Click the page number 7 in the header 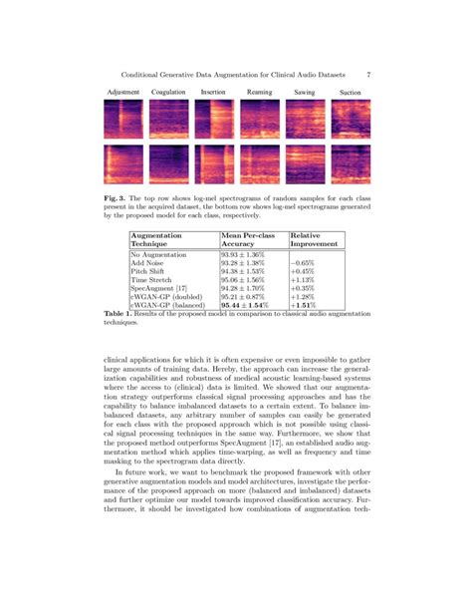[x=368, y=74]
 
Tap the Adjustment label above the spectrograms [x=122, y=92]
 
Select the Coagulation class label [x=168, y=92]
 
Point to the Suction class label [x=350, y=92]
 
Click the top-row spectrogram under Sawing [x=305, y=119]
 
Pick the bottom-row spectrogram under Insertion [x=214, y=164]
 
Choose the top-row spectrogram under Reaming [x=259, y=119]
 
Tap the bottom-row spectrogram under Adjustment [x=122, y=164]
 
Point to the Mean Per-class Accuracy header [x=251, y=238]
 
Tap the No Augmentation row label [x=161, y=254]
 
